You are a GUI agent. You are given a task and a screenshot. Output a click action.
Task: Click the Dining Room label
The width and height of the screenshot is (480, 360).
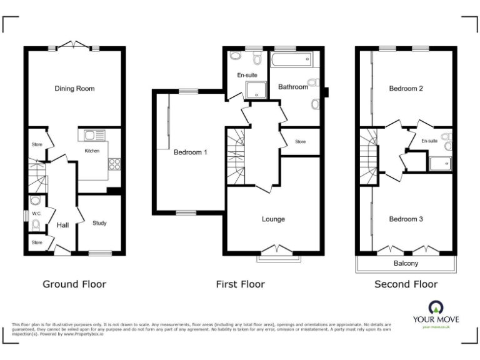pos(74,89)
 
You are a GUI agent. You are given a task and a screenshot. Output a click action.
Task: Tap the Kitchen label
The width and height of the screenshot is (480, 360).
pos(92,151)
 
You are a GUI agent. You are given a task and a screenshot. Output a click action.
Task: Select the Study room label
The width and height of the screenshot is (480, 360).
pos(99,222)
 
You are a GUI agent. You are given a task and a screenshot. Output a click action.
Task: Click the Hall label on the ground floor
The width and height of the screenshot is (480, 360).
pos(62,226)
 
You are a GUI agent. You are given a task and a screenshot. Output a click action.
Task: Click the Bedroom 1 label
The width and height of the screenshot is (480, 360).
pos(190,152)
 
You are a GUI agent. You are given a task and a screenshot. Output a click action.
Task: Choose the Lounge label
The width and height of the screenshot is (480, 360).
pos(273,219)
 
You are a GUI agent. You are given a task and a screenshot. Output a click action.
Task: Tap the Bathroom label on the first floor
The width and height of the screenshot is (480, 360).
pos(293,87)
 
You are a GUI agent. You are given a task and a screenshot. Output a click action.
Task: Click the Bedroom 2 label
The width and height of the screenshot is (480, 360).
pos(406,89)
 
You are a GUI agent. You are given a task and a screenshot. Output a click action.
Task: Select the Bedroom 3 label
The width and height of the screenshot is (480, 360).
pos(406,219)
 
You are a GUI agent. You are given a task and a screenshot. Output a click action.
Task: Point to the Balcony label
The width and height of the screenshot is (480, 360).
pos(406,264)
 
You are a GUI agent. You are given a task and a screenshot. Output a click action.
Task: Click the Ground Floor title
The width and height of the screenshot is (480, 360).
pos(74,284)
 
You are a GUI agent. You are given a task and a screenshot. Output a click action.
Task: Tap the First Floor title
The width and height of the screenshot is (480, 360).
pos(240,284)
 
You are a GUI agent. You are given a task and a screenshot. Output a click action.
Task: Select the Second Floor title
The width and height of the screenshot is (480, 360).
pos(406,284)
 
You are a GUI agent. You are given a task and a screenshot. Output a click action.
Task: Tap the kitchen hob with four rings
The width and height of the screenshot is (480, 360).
pos(115,164)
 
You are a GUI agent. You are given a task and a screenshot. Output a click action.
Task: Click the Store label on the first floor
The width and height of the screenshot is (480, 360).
pos(300,142)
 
